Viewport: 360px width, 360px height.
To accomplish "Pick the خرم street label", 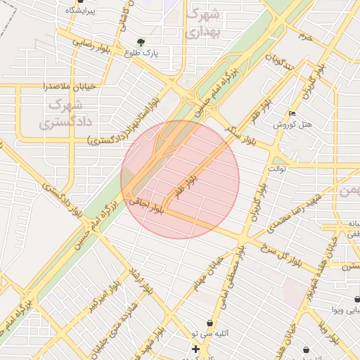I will pyautogui.click(x=304, y=35).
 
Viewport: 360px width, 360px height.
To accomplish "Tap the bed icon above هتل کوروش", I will pyautogui.click(x=292, y=113).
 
